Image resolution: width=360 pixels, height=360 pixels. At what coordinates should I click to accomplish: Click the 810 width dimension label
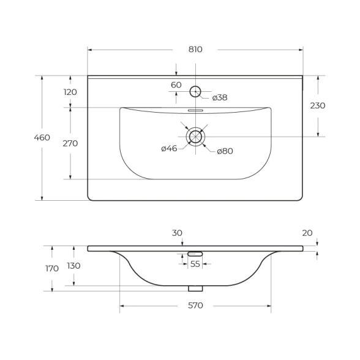[x=195, y=50]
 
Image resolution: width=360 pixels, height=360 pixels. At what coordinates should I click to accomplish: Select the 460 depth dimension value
[x=42, y=138]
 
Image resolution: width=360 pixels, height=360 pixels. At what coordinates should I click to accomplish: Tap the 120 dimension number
[x=70, y=92]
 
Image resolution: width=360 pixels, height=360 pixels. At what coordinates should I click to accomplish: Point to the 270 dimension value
[x=70, y=143]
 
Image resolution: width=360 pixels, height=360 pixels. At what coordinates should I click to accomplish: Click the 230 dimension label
[x=318, y=105]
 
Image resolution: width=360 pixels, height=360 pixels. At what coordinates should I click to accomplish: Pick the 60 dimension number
[x=176, y=85]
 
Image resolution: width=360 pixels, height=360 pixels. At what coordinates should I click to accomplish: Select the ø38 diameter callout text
[x=220, y=97]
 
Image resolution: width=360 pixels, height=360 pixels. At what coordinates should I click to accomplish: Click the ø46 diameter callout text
[x=169, y=149]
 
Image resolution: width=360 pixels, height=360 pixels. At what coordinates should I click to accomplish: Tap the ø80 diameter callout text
[x=225, y=151]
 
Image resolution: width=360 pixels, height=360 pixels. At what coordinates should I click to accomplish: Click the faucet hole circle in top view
[x=195, y=86]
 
